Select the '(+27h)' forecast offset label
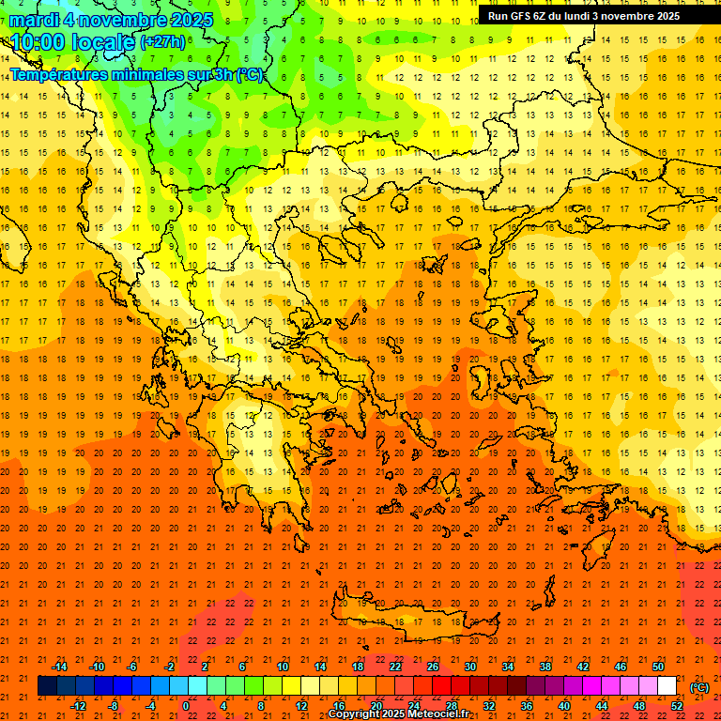[x=162, y=41]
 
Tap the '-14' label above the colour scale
[x=60, y=666]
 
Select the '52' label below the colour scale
[x=677, y=705]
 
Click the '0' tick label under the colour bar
[x=185, y=705]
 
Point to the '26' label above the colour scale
[x=433, y=666]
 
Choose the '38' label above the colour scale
[x=545, y=666]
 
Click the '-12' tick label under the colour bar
[x=78, y=705]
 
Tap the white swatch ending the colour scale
[x=667, y=685]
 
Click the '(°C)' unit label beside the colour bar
[x=699, y=686]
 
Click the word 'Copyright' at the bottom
[x=356, y=714]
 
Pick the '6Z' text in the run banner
[x=545, y=16]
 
